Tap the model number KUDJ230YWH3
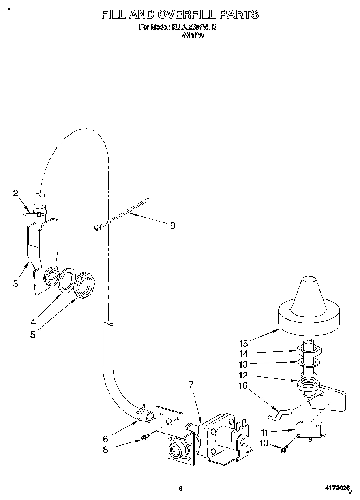point(194,27)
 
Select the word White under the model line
point(192,35)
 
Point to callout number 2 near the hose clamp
point(15,193)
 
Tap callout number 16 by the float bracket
point(243,386)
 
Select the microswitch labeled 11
point(310,429)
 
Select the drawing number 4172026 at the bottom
point(336,489)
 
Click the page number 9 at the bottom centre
point(180,489)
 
